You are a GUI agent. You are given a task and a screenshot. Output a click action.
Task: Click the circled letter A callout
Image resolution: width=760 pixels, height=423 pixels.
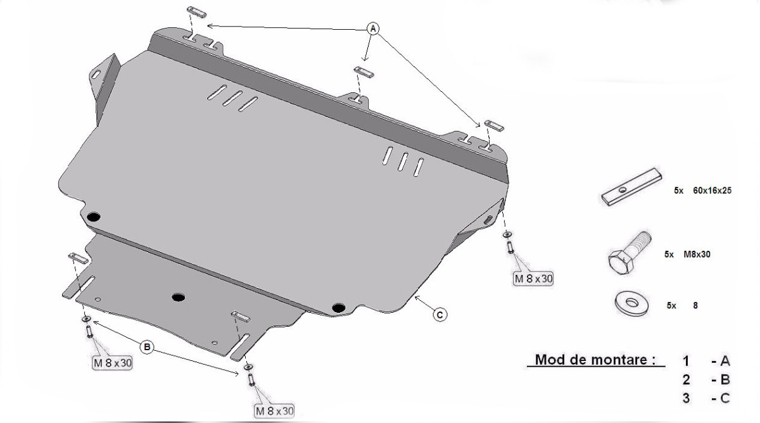373,29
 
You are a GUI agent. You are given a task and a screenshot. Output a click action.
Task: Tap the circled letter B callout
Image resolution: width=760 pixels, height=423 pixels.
147,347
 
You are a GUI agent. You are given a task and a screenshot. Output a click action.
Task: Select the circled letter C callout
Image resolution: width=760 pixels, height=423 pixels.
440,315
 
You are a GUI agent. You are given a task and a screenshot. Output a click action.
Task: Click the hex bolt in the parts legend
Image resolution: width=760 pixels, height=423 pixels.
630,253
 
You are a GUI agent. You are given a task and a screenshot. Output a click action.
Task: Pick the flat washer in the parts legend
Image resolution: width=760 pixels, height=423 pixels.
632,303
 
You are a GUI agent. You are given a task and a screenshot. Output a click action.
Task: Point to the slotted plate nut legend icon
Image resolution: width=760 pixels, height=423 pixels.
631,187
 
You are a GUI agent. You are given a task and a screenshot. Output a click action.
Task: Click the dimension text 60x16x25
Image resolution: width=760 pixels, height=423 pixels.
712,191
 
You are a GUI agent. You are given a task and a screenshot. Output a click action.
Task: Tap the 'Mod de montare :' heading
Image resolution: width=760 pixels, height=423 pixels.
595,360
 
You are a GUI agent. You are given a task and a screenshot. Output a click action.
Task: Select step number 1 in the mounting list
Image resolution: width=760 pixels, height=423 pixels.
686,362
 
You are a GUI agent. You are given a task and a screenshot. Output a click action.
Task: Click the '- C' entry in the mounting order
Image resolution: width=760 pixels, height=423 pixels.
720,398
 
